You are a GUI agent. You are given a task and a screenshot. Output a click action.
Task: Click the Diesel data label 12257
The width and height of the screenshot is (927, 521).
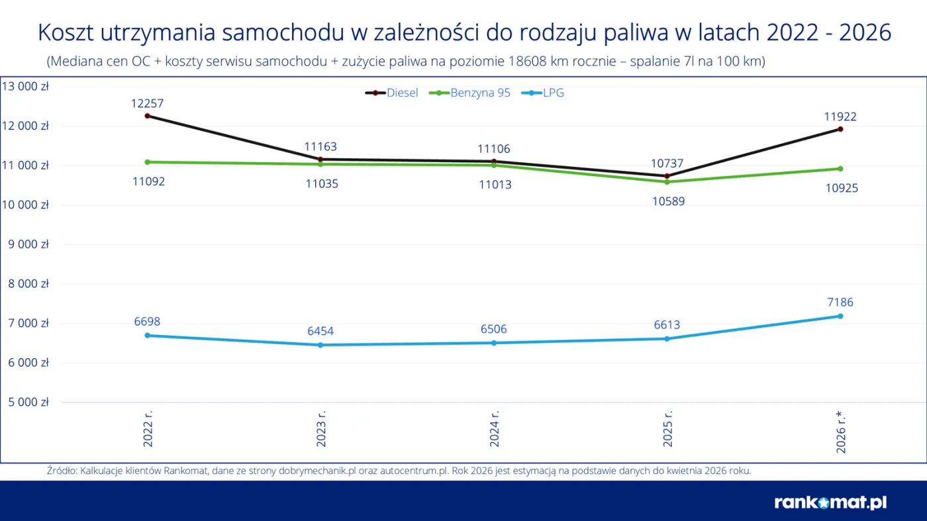click(x=148, y=103)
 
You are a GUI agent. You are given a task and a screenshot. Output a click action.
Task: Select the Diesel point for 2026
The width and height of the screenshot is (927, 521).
click(x=840, y=129)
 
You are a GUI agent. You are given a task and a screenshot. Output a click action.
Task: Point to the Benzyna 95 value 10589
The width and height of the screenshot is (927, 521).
click(x=668, y=201)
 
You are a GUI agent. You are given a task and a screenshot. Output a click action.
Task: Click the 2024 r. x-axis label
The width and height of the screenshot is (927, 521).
click(x=494, y=429)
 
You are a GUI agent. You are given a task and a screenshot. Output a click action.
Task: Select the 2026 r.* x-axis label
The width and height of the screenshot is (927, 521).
click(x=841, y=432)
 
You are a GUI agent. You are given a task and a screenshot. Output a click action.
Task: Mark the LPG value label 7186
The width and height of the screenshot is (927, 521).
click(x=839, y=303)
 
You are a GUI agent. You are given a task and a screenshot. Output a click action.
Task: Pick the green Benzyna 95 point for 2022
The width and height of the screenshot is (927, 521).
click(x=147, y=162)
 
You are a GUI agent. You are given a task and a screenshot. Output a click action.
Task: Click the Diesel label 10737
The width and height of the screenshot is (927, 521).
click(x=667, y=164)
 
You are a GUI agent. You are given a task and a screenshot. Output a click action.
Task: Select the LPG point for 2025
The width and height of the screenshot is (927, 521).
click(x=667, y=339)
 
